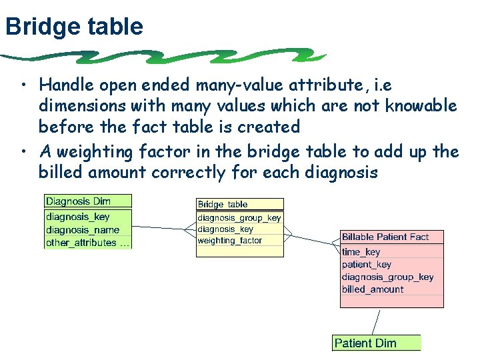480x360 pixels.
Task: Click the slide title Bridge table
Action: point(73,27)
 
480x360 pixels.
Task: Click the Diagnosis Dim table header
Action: point(79,201)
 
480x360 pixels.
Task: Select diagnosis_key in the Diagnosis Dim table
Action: point(78,217)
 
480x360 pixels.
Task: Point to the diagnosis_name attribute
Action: point(83,230)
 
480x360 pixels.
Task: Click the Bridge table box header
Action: point(223,205)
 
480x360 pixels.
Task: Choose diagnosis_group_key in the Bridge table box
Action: point(239,218)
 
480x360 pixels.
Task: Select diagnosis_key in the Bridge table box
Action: point(225,229)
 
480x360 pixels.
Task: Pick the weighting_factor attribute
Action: point(230,241)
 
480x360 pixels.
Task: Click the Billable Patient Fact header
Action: point(385,237)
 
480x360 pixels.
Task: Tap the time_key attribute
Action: point(361,252)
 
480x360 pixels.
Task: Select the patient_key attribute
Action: point(366,265)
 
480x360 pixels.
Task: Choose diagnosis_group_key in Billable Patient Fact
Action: point(387,277)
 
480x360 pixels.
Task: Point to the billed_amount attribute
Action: point(373,289)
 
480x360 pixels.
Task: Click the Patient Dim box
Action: point(365,343)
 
